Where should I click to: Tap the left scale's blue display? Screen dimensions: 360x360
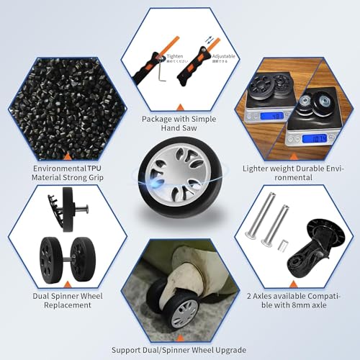[x=274, y=115]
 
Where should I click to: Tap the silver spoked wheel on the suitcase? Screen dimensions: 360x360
[x=184, y=310]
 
